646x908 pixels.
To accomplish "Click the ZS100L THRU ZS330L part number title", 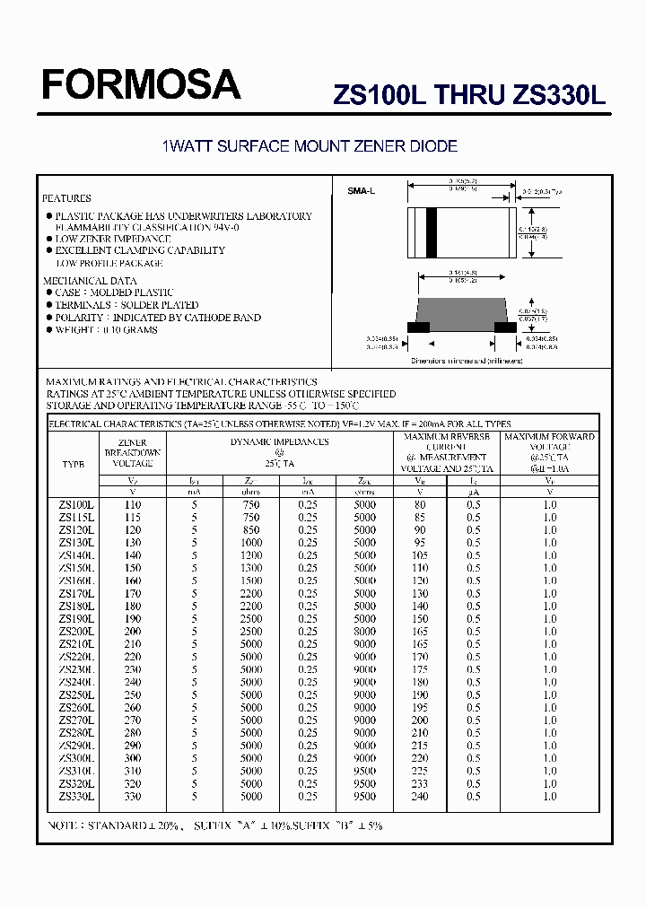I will (x=469, y=95).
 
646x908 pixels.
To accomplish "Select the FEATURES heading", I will (x=67, y=198).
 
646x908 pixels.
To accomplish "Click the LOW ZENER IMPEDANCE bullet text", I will (x=112, y=240).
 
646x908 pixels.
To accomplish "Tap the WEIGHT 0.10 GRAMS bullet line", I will (x=106, y=330).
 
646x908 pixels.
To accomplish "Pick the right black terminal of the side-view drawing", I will (x=506, y=327).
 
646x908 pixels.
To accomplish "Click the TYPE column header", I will (x=73, y=465).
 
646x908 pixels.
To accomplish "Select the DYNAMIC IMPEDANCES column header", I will (x=279, y=441).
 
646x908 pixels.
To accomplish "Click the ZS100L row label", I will (x=76, y=505).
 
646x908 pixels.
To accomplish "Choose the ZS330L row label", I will (x=76, y=796).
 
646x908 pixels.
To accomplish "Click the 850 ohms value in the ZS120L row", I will (x=251, y=530).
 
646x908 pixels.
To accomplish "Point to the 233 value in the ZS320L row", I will (x=420, y=783).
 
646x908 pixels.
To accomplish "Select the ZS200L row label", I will (x=76, y=632).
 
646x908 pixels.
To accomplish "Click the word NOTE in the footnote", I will (x=65, y=825).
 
